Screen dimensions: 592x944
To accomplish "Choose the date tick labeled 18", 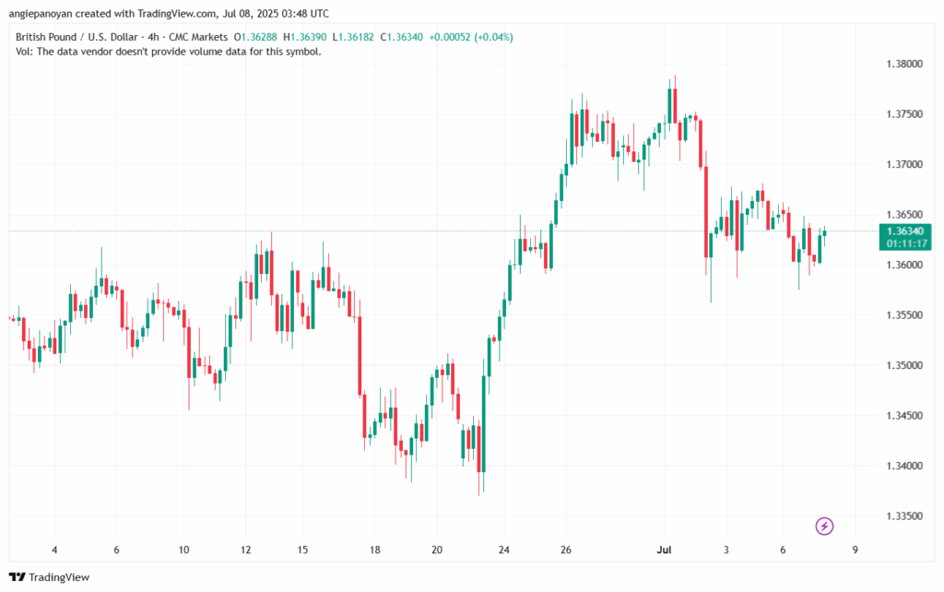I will click(x=374, y=550).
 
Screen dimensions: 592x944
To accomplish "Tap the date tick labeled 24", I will click(x=502, y=550).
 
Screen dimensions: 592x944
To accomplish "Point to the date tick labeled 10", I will click(x=183, y=550).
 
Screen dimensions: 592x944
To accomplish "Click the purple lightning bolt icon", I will click(x=825, y=527).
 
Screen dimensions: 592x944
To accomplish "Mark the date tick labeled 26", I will click(x=566, y=550).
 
